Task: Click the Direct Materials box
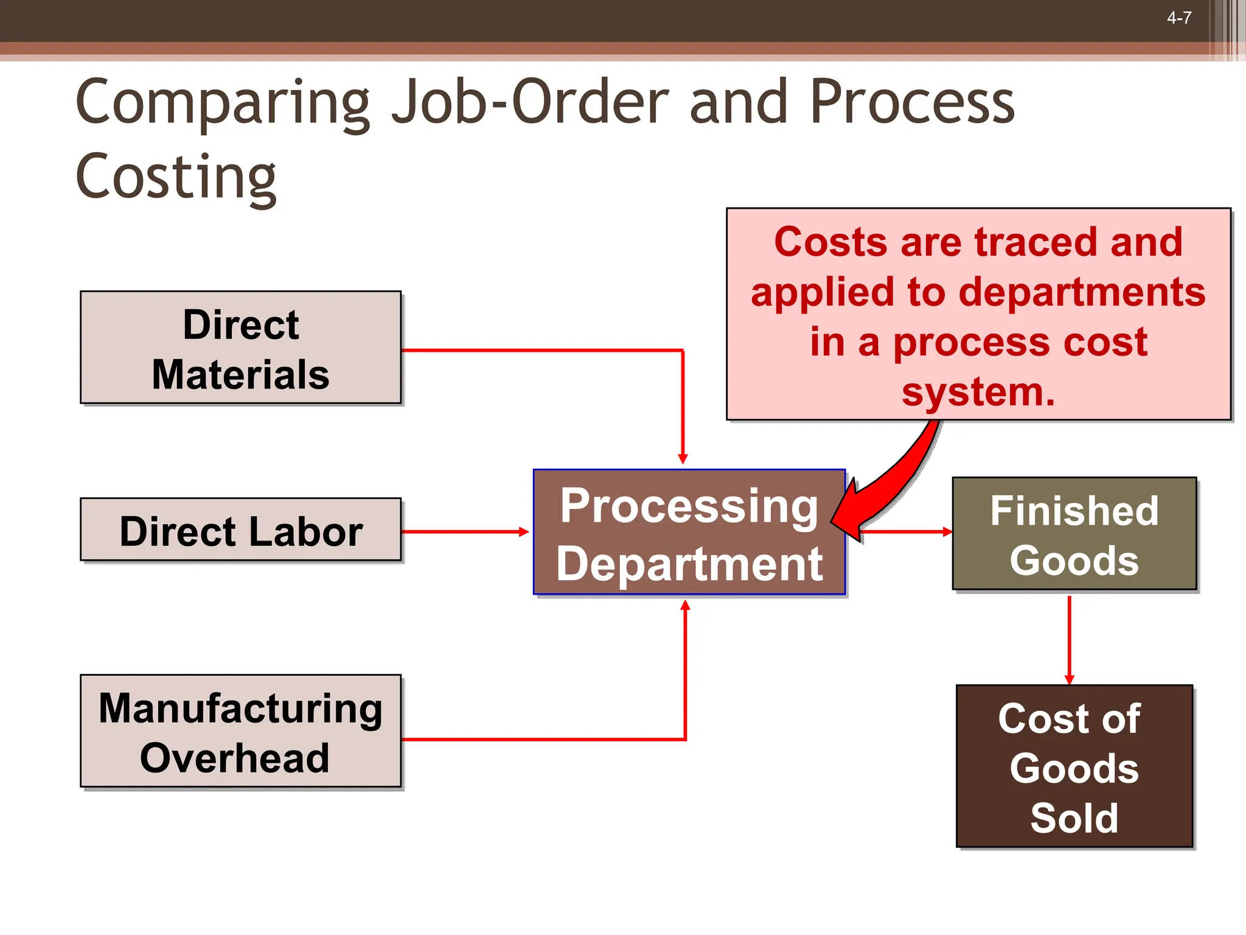241,348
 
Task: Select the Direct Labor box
241,530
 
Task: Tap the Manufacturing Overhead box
241,731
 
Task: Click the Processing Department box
689,533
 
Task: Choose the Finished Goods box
1074,534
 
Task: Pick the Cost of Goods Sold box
1074,766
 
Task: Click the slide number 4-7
1178,18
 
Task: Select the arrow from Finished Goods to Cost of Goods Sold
1069,639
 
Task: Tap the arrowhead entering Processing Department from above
683,458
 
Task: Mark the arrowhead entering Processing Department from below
685,606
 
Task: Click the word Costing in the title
176,177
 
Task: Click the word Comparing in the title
223,103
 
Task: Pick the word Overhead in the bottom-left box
235,758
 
